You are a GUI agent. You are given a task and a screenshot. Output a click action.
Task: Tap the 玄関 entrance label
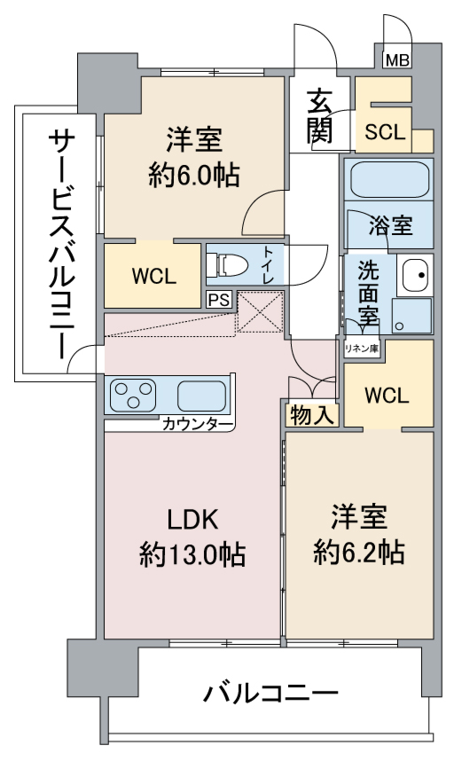click(319, 116)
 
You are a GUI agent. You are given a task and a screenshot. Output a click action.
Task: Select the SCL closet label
click(385, 132)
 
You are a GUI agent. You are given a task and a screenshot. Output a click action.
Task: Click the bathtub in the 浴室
click(389, 179)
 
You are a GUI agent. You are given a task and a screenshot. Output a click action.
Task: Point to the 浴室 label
click(391, 225)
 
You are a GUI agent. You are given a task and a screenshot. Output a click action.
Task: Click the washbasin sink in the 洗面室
click(415, 275)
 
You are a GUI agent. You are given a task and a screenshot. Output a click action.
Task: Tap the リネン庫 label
click(362, 348)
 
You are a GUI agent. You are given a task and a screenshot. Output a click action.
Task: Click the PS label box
click(219, 300)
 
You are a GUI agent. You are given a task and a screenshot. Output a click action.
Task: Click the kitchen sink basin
click(201, 396)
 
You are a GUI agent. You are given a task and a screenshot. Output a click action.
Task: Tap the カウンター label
click(198, 424)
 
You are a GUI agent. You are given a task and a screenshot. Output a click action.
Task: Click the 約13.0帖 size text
click(192, 554)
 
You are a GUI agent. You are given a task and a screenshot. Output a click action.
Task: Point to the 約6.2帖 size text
click(359, 552)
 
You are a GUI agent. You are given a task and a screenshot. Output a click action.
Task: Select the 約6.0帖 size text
click(194, 175)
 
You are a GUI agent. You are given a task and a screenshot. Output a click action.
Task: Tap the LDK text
click(193, 520)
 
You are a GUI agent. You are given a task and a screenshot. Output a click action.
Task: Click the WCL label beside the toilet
click(154, 276)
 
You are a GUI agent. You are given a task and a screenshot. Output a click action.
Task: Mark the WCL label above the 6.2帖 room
click(387, 396)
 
